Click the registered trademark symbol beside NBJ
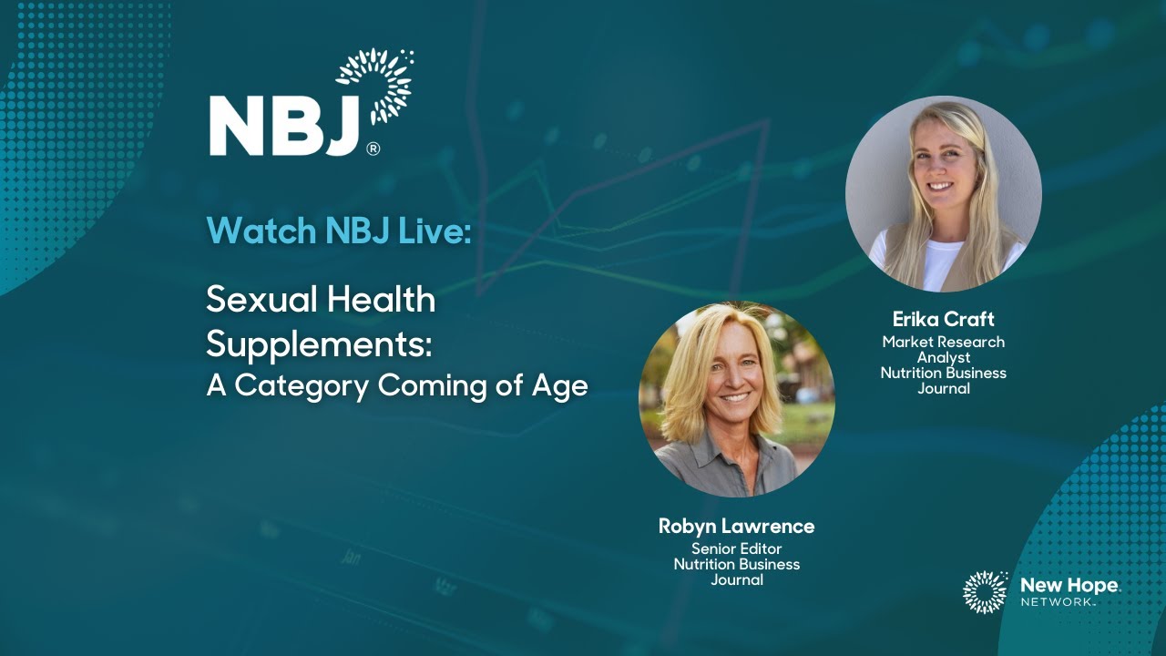373,149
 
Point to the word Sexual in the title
261,301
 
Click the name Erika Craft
943,320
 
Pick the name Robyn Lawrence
736,527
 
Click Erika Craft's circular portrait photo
943,194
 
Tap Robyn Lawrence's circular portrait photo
736,399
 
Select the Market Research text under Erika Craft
943,342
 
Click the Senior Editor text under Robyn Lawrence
736,548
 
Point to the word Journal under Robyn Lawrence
736,579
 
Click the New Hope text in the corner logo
1069,585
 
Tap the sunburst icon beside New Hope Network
986,592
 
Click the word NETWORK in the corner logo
1057,602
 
